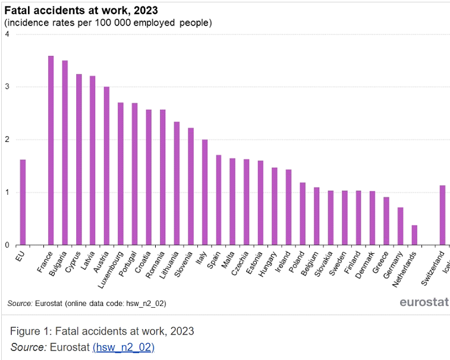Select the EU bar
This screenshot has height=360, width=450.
pos(23,202)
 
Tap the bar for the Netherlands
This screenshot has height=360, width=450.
pos(414,235)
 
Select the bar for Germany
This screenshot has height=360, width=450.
pos(400,226)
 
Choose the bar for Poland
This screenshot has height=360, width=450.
pos(302,214)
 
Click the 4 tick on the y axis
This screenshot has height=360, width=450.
pos(7,34)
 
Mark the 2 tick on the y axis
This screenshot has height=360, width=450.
pos(7,140)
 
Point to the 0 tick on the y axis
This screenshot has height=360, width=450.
pos(7,245)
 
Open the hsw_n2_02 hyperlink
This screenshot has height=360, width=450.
pos(124,347)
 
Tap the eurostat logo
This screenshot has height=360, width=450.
pos(423,302)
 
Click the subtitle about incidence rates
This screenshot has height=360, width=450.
pos(108,23)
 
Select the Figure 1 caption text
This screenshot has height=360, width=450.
pos(102,331)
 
